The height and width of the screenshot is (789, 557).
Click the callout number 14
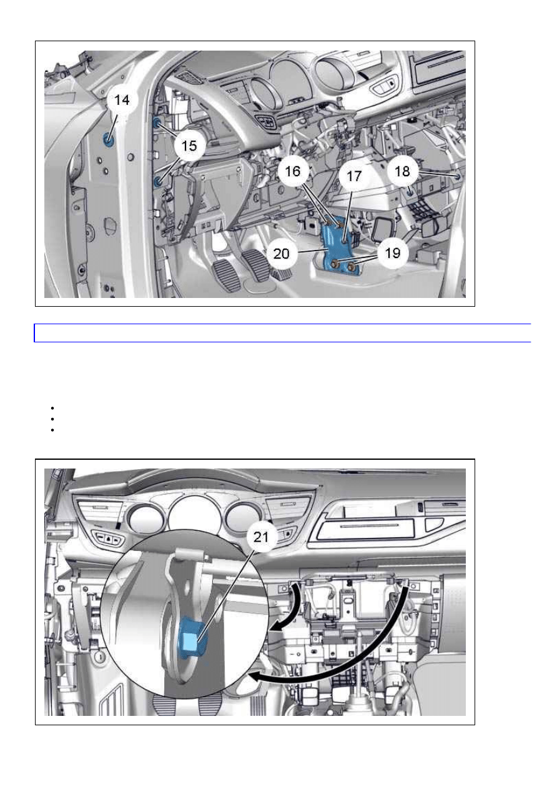pos(122,101)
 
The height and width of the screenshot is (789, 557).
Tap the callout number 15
pos(189,146)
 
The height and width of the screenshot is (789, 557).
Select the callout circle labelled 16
pos(293,172)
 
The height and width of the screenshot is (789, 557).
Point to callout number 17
pos(354,176)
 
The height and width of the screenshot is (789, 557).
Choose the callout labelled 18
pos(402,172)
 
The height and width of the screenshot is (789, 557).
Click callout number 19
pos(393,253)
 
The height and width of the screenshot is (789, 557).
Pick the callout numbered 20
pos(281,254)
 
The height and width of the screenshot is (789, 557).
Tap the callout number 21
pos(261,537)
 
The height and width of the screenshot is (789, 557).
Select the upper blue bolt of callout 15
pos(157,123)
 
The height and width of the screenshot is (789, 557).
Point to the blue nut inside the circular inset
pos(192,638)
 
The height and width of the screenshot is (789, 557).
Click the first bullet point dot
pos(52,408)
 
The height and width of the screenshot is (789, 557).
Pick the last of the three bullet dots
pos(52,430)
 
